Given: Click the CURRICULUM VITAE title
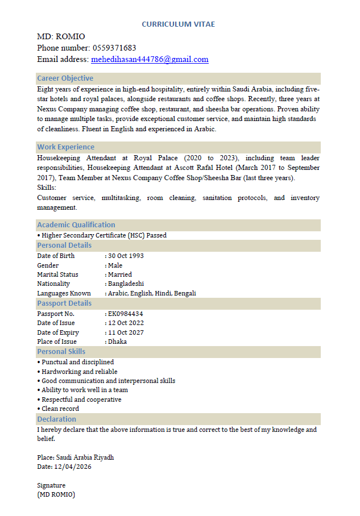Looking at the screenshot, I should pyautogui.click(x=178, y=24).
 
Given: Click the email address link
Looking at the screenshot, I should pyautogui.click(x=150, y=59).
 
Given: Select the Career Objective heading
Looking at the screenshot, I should pyautogui.click(x=65, y=78).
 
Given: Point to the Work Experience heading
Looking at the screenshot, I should pyautogui.click(x=65, y=147).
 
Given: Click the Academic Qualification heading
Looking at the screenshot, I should pyautogui.click(x=76, y=225).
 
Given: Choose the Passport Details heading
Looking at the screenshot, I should pyautogui.click(x=64, y=303).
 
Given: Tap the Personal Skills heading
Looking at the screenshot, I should pyautogui.click(x=61, y=352).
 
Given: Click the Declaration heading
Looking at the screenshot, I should pyautogui.click(x=56, y=419).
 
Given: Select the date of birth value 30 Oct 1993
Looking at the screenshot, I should pyautogui.click(x=126, y=256).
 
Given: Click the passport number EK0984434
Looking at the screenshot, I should pyautogui.click(x=125, y=314).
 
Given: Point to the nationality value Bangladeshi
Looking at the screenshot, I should pyautogui.click(x=126, y=284).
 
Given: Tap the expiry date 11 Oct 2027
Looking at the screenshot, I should pyautogui.click(x=126, y=332).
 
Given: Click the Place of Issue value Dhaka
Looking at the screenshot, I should pyautogui.click(x=117, y=342).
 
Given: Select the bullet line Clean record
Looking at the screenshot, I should pyautogui.click(x=60, y=409).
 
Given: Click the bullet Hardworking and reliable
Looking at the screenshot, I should pyautogui.click(x=79, y=372).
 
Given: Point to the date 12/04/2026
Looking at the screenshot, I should pyautogui.click(x=72, y=467).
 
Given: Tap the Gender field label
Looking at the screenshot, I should pyautogui.click(x=48, y=265).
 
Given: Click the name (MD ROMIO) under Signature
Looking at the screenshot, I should pyautogui.click(x=56, y=494).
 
